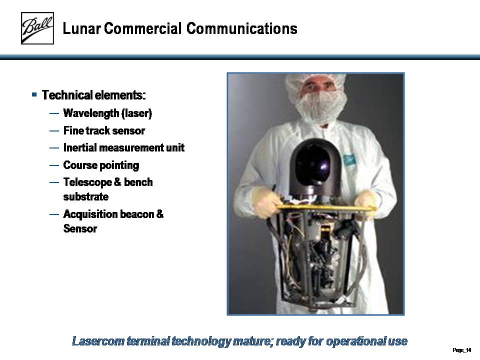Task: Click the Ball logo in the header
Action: [x=37, y=28]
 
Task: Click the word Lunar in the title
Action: [x=81, y=29]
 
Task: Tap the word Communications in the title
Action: [x=242, y=28]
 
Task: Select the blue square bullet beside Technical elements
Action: [x=34, y=94]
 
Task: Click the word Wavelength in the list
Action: [x=91, y=113]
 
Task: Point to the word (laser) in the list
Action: [x=137, y=113]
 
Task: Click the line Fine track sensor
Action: [x=104, y=130]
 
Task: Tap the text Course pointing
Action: [x=101, y=165]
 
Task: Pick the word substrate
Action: [x=85, y=196]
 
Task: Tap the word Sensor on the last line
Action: [x=80, y=228]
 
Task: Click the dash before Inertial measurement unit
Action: [x=54, y=148]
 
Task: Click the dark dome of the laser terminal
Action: [x=315, y=167]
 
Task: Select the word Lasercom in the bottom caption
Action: [x=98, y=340]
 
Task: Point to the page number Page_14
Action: [x=461, y=350]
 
